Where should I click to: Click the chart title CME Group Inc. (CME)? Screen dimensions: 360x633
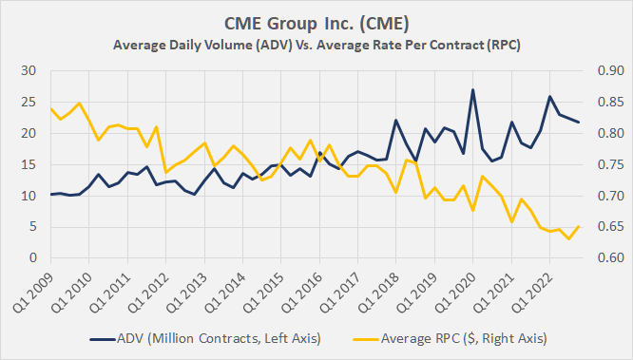pos(316,22)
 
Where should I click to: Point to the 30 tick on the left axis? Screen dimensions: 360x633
pos(29,71)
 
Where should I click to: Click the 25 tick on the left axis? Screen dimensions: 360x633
pos(29,103)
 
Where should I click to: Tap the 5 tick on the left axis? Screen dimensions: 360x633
pos(32,227)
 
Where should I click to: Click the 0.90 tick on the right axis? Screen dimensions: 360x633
pos(602,71)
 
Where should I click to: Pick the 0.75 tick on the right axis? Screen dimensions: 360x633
pos(602,164)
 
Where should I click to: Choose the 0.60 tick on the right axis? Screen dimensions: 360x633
pos(602,258)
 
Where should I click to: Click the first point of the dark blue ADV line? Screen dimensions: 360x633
pos(49,194)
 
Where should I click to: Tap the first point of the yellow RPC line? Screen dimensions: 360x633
pos(49,108)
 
